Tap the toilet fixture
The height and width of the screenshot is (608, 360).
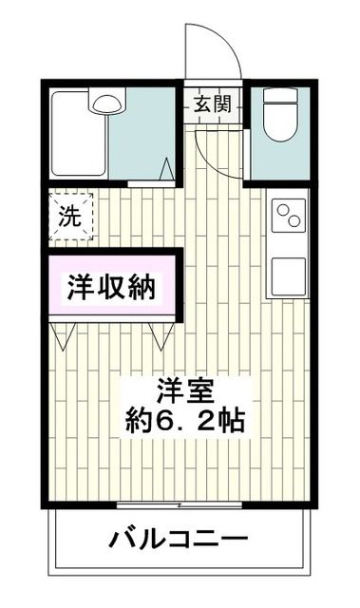pyautogui.click(x=280, y=118)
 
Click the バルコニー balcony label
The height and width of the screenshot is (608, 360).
pyautogui.click(x=179, y=541)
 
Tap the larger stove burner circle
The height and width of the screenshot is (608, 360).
pyautogui.click(x=283, y=208)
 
